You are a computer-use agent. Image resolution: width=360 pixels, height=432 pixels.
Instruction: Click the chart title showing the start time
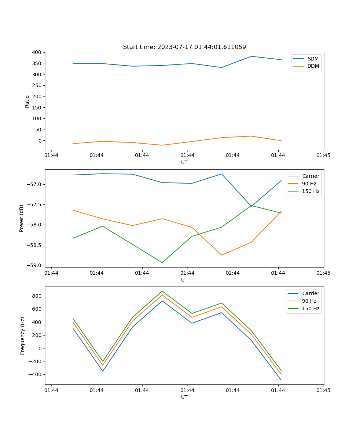pyautogui.click(x=184, y=47)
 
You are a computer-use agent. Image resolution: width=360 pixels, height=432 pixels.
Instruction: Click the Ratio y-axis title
pyautogui.click(x=27, y=101)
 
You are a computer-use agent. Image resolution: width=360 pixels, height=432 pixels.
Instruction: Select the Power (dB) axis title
pyautogui.click(x=22, y=218)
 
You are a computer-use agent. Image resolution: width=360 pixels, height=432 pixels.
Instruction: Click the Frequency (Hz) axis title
pyautogui.click(x=23, y=336)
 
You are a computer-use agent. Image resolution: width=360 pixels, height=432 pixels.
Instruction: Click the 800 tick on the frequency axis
pyautogui.click(x=38, y=296)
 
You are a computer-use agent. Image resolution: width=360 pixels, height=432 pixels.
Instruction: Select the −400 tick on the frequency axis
pyautogui.click(x=36, y=374)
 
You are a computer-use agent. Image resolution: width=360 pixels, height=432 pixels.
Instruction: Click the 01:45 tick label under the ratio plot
pyautogui.click(x=323, y=156)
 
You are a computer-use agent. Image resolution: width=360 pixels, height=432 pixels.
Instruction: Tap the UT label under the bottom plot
pyautogui.click(x=184, y=397)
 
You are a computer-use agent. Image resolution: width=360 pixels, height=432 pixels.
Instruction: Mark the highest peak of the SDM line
pyautogui.click(x=251, y=56)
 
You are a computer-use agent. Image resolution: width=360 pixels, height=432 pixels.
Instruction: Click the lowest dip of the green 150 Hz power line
pyautogui.click(x=162, y=262)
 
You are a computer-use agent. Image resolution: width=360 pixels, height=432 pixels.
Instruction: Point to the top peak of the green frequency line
pyautogui.click(x=162, y=291)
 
